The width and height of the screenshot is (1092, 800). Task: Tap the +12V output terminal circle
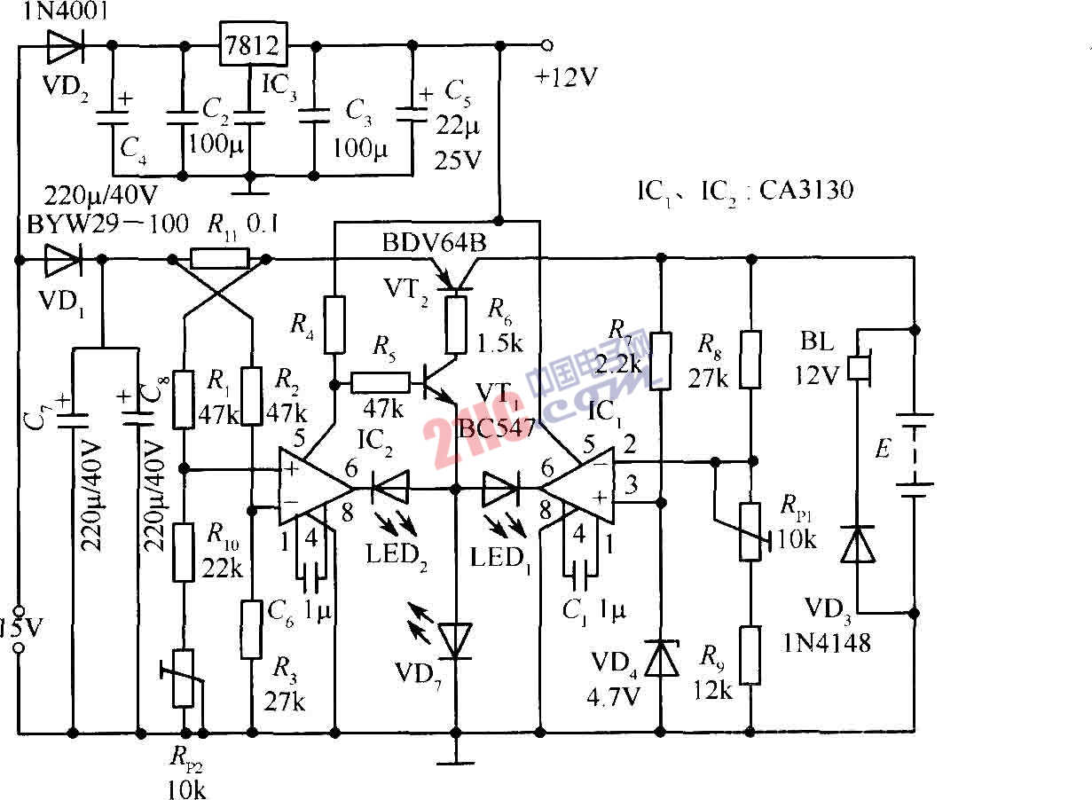[x=547, y=44]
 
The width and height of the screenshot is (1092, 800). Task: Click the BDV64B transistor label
[x=434, y=240]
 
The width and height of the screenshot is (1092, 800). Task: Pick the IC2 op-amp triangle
[x=317, y=488]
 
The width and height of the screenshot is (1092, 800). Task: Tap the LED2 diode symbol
[x=389, y=488]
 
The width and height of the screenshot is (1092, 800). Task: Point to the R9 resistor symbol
[x=751, y=655]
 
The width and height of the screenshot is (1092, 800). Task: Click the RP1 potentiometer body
[x=751, y=531]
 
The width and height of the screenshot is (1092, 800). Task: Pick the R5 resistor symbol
[x=381, y=383]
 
